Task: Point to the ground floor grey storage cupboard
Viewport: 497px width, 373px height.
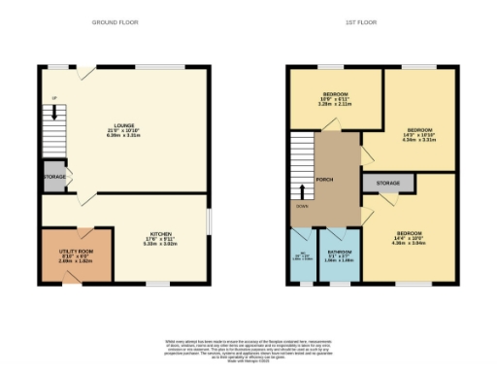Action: click(53, 177)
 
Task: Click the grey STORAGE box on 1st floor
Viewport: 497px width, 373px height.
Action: click(388, 182)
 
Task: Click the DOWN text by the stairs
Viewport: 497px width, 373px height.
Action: click(302, 207)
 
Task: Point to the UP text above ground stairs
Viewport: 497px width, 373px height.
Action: click(54, 98)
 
